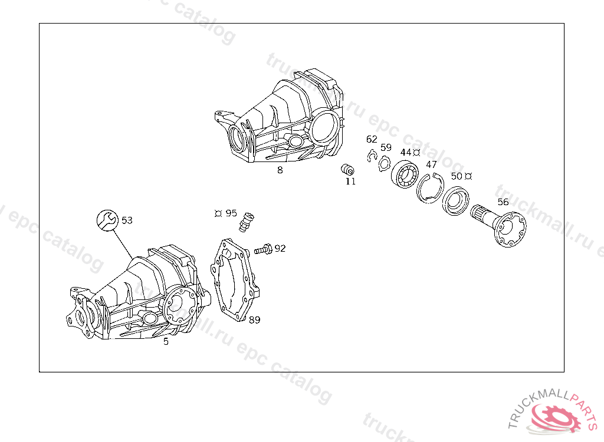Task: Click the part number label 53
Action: (x=127, y=220)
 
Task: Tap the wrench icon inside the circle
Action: (x=107, y=220)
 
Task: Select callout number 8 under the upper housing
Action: (x=280, y=170)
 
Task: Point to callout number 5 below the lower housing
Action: (x=166, y=341)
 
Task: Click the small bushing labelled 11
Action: (x=347, y=169)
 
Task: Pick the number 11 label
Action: (x=350, y=182)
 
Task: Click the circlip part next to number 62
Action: (x=372, y=156)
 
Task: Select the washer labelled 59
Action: (x=384, y=164)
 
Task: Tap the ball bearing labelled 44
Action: (x=405, y=174)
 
